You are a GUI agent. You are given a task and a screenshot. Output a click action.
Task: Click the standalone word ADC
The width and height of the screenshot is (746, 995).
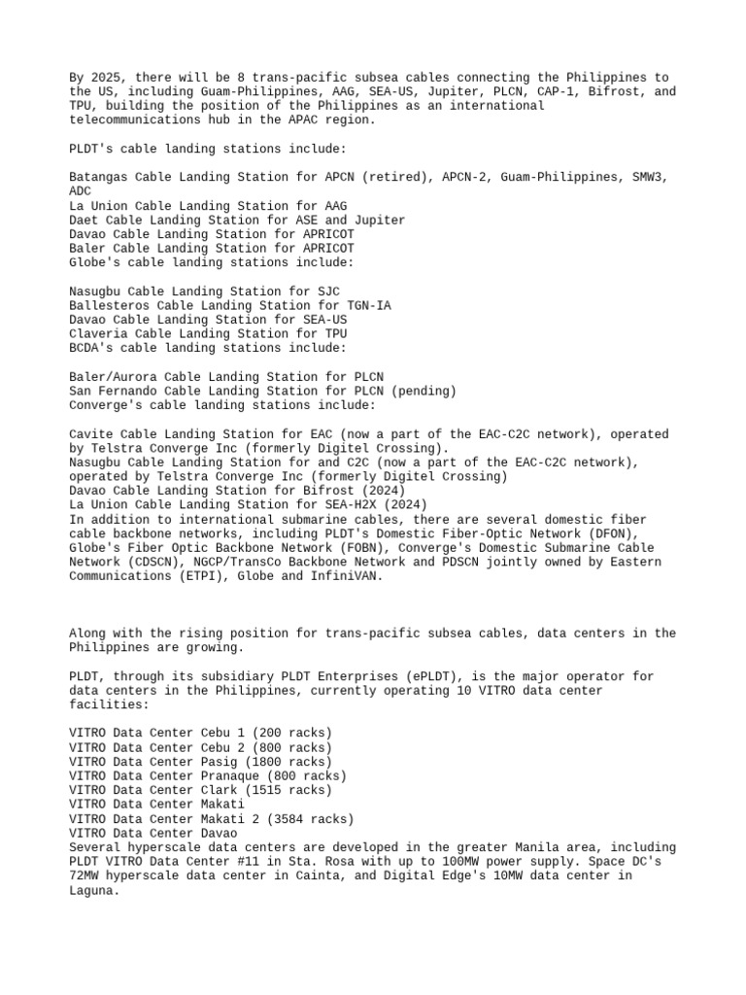click(81, 191)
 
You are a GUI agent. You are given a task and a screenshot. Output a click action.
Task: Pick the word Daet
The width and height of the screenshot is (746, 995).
click(85, 221)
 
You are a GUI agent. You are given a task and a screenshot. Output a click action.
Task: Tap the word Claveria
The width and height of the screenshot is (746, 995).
click(99, 333)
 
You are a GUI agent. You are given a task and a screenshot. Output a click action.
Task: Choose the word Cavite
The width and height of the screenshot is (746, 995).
click(91, 433)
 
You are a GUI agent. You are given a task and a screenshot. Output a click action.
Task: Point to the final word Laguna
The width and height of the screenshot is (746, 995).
click(92, 889)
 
